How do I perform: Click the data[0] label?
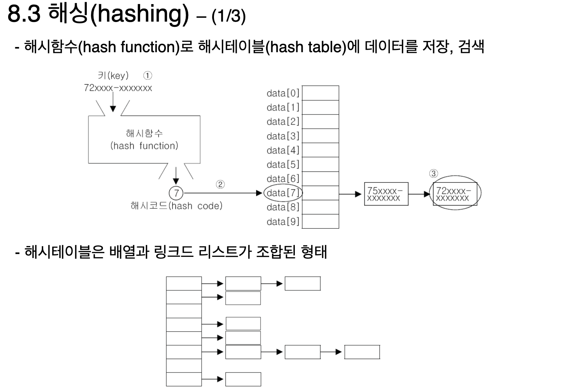283,93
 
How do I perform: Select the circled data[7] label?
283,193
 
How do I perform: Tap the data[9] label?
283,222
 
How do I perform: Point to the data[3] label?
283,136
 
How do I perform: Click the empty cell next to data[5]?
320,164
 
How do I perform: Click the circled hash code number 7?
176,193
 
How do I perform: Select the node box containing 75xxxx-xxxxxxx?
386,194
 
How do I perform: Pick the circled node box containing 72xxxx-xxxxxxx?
455,194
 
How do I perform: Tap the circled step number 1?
148,76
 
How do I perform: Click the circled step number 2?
220,185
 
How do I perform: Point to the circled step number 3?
433,174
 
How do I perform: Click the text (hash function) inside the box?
144,146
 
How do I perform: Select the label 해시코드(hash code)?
176,206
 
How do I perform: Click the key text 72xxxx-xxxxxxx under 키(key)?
118,88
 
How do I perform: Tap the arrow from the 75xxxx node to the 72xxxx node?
419,194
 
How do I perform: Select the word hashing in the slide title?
140,14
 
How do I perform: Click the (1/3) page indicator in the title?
228,16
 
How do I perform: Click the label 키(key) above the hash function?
113,76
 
